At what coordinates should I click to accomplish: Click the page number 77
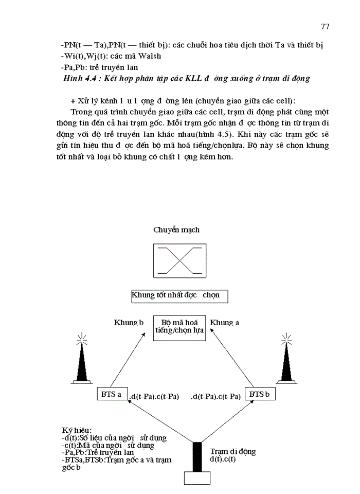(325, 26)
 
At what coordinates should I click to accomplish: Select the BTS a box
(112, 395)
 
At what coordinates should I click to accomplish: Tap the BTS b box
(259, 394)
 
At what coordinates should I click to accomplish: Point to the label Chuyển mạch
(176, 230)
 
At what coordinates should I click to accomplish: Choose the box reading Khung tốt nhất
(179, 296)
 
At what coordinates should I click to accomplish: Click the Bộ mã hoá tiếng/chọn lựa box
(179, 327)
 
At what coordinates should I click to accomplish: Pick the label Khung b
(128, 323)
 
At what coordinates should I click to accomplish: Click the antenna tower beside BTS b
(287, 360)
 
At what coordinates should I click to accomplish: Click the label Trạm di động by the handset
(233, 452)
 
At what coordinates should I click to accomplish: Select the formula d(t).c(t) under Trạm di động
(223, 460)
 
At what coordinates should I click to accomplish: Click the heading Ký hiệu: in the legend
(77, 430)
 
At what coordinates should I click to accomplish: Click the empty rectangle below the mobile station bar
(197, 478)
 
